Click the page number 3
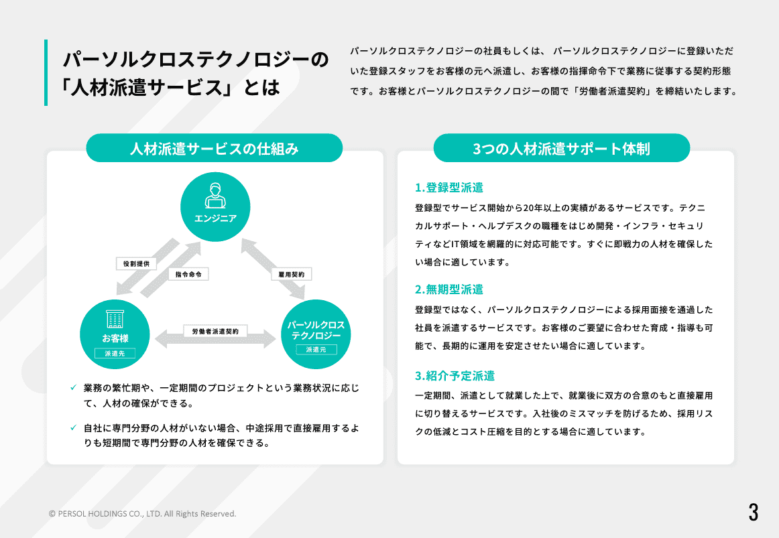click(x=753, y=512)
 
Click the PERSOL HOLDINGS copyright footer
click(x=143, y=514)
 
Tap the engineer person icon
click(x=215, y=195)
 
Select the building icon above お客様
click(x=115, y=319)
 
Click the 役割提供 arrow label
click(x=136, y=263)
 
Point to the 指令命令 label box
click(x=188, y=274)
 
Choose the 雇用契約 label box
click(x=292, y=275)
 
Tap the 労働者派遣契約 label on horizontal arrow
click(x=215, y=331)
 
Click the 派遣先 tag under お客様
click(x=115, y=353)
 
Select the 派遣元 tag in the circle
click(x=316, y=350)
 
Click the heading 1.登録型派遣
click(x=449, y=188)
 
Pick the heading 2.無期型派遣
click(x=449, y=289)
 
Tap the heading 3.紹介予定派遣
click(x=455, y=376)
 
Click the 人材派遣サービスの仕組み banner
click(x=214, y=148)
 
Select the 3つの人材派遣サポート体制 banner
click(x=561, y=148)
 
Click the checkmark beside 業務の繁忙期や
click(x=74, y=388)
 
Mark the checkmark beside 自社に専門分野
click(x=74, y=427)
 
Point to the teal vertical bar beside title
click(x=46, y=72)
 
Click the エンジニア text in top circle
click(x=215, y=218)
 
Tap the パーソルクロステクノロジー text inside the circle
click(x=316, y=330)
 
